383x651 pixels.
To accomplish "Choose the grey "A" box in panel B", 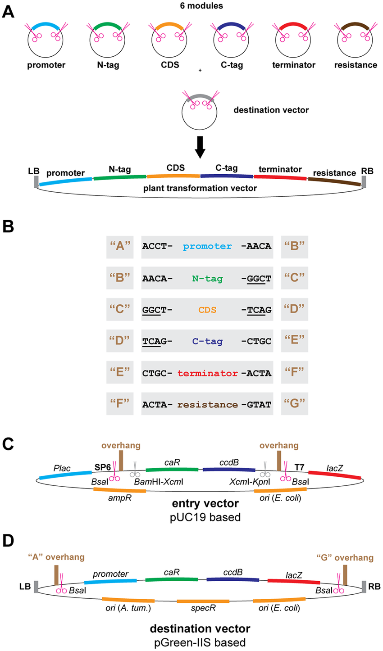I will pyautogui.click(x=120, y=246).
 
